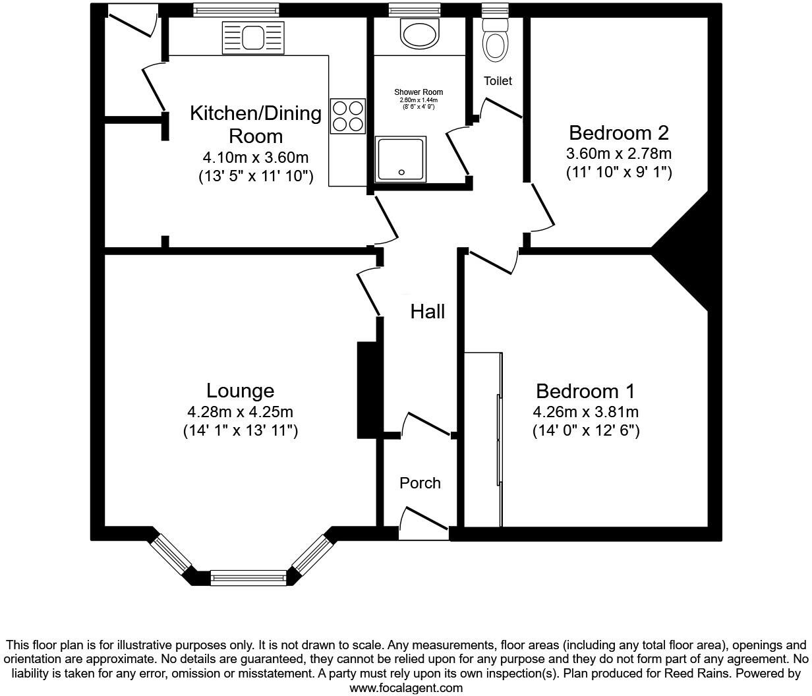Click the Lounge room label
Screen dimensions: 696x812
point(240,391)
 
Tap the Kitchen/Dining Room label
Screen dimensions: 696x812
point(256,125)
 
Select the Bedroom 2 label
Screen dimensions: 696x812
point(618,133)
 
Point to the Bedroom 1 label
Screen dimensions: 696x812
point(585,391)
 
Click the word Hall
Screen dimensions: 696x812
point(428,312)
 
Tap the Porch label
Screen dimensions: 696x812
point(420,483)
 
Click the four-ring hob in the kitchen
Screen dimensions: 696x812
point(347,116)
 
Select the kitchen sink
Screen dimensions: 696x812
point(252,37)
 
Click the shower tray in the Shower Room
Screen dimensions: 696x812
point(401,159)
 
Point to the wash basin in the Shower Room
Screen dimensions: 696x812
point(419,33)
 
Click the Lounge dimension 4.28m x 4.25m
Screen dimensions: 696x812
point(240,413)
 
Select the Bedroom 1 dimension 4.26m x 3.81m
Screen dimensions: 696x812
point(585,413)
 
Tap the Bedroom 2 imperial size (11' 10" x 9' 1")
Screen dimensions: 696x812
point(618,173)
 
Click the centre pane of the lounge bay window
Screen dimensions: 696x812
point(249,579)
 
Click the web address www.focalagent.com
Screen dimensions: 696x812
point(406,688)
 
